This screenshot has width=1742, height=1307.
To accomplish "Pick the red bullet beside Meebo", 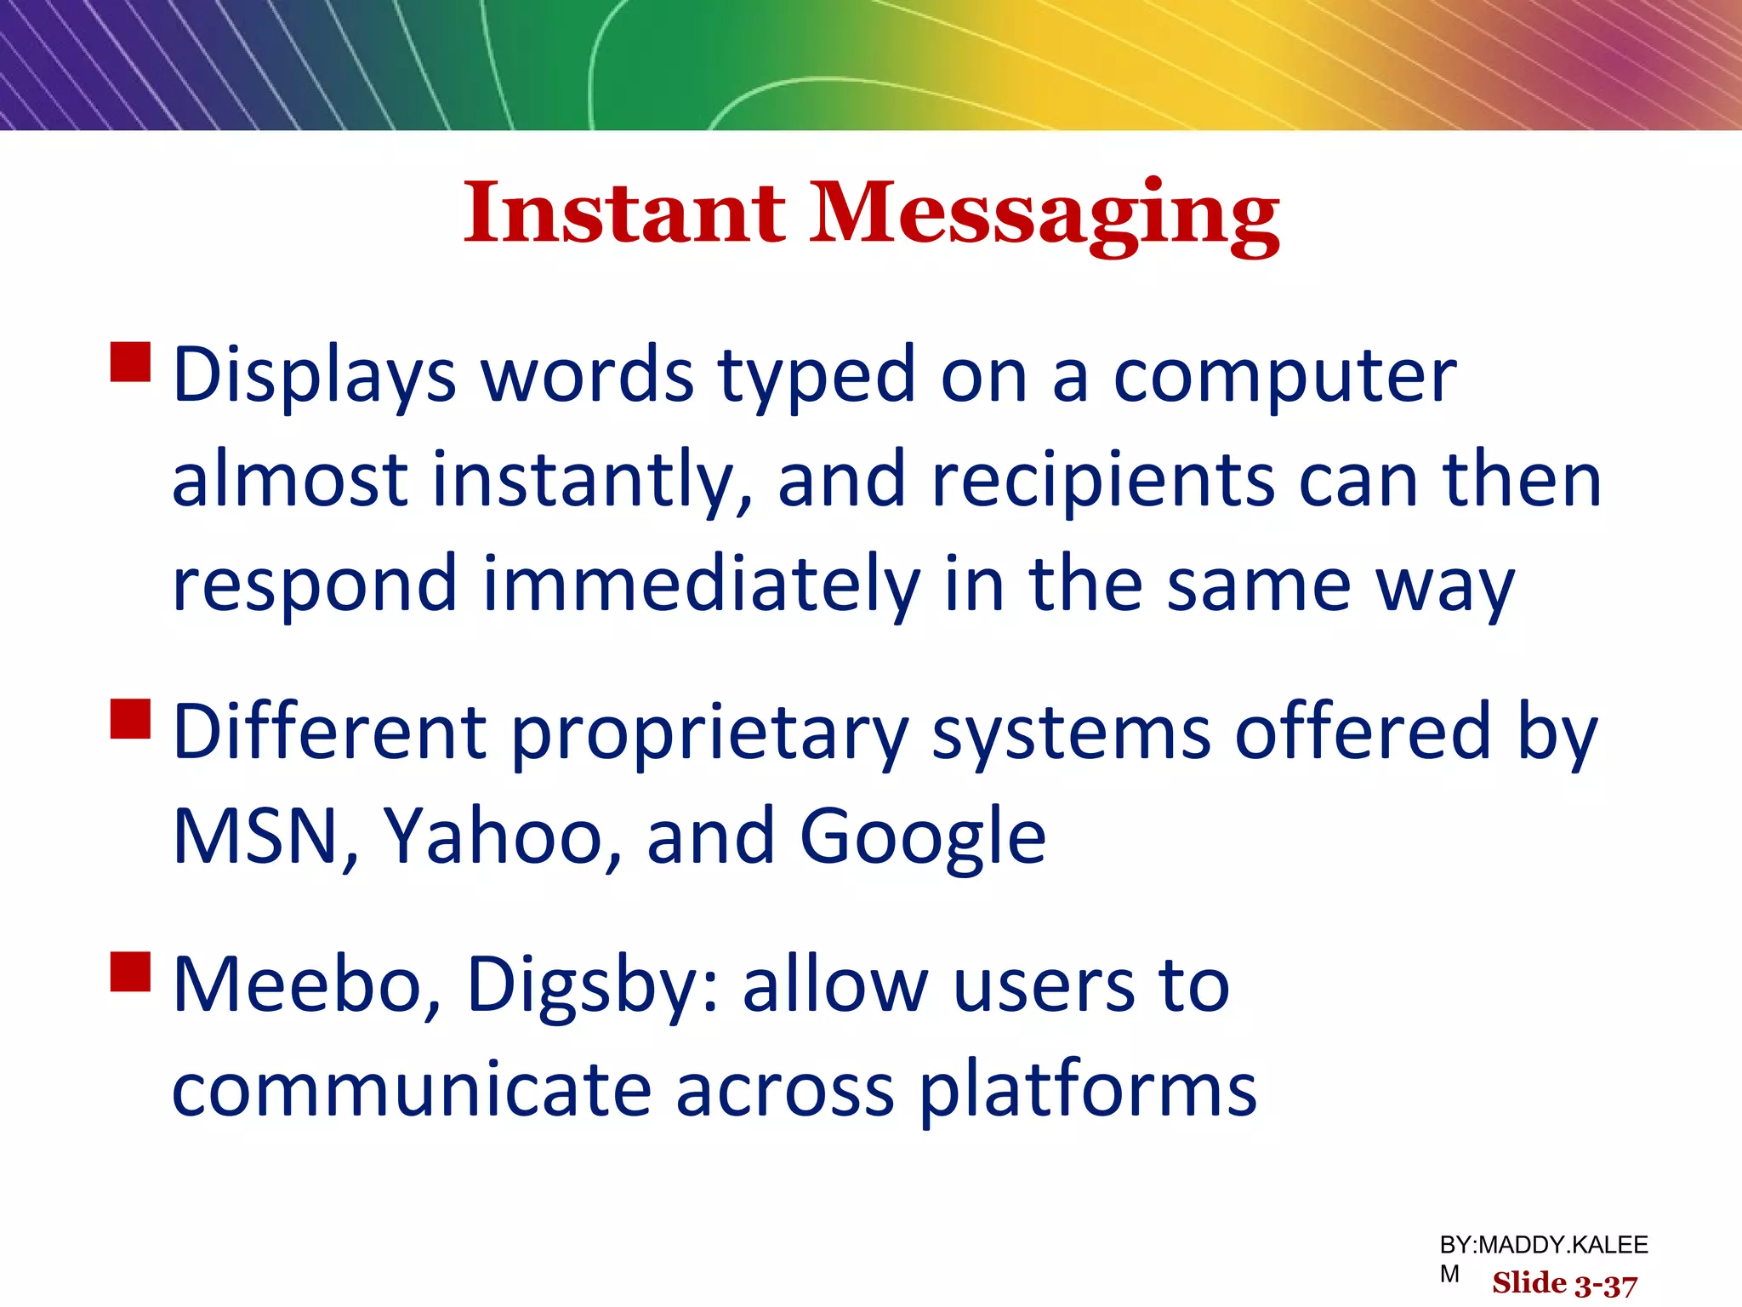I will coord(130,972).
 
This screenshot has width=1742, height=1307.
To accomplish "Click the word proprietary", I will coord(710,733).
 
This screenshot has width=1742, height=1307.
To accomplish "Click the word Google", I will coord(922,838).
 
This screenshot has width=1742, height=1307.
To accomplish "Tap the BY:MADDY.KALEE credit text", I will coord(1543,1246).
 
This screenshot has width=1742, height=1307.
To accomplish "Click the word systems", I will coord(1071,733).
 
